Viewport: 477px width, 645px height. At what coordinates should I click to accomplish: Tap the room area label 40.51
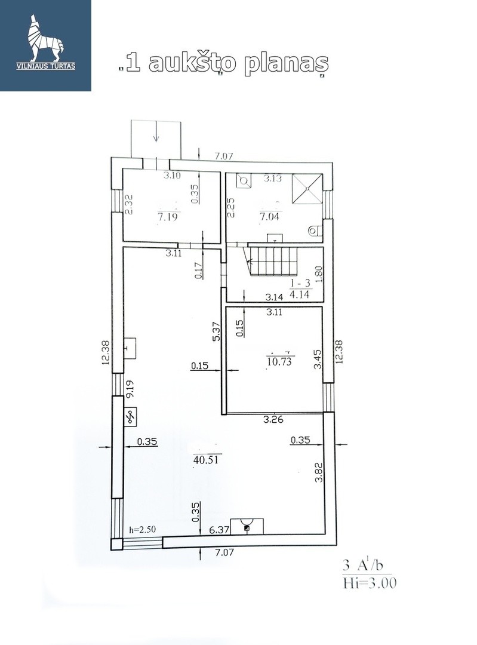pos(205,459)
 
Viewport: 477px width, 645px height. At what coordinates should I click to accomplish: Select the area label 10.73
pos(279,361)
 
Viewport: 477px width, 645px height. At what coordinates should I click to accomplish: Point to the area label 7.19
pos(168,216)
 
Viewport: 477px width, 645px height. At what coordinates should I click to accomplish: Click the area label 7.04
pos(269,216)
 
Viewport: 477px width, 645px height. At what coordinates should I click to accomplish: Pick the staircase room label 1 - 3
pos(300,284)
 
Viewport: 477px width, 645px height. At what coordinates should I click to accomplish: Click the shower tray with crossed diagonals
pos(307,188)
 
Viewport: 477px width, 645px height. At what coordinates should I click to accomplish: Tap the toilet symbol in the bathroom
pos(316,231)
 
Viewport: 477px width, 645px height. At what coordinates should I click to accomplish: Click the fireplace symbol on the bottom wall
pos(247,527)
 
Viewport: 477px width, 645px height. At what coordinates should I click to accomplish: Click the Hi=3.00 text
pos(370,583)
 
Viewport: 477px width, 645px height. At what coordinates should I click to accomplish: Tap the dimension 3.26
pos(273,420)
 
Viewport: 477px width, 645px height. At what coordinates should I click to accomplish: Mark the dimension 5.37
pos(217,330)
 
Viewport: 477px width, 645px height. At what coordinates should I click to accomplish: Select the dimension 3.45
pos(318,359)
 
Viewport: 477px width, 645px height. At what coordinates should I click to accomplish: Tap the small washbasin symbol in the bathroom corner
pos(244,180)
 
